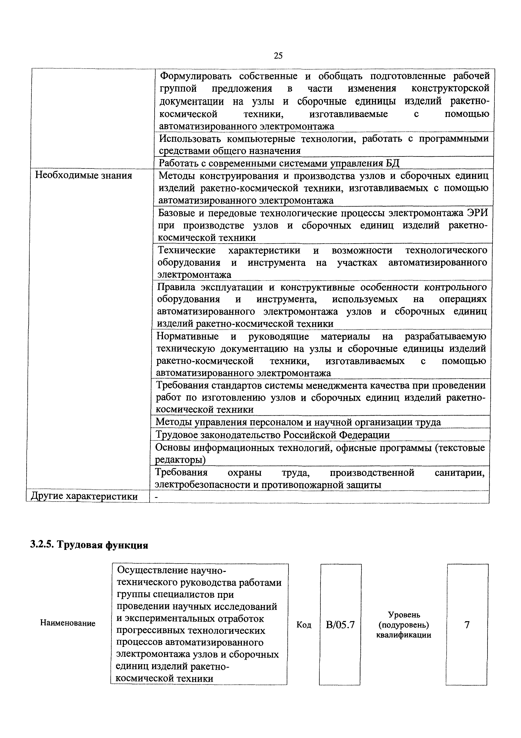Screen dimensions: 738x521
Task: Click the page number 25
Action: point(278,56)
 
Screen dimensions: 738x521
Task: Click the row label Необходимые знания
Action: point(83,176)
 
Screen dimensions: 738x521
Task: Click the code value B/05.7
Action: point(340,625)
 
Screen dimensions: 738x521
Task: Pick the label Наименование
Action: point(68,623)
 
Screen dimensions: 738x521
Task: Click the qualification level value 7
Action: point(467,625)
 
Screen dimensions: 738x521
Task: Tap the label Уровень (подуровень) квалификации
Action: point(404,625)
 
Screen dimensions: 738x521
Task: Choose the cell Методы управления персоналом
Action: point(298,422)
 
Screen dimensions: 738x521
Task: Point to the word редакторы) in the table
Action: point(180,460)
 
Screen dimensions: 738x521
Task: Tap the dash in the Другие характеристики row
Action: point(157,497)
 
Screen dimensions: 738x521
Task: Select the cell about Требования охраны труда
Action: point(319,478)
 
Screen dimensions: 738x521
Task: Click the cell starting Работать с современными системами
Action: point(279,163)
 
